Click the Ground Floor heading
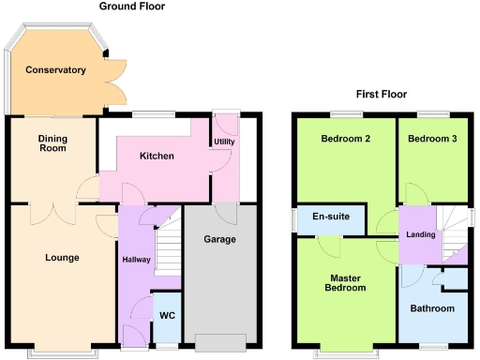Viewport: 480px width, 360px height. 132,7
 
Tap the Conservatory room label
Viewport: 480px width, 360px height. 56,70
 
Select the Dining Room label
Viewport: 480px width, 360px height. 52,142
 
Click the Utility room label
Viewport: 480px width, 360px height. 225,142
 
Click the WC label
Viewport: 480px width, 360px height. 167,316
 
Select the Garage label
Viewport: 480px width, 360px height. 219,239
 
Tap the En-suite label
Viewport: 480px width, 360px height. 330,217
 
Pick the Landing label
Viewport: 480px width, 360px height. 421,234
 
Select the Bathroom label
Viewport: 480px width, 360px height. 433,308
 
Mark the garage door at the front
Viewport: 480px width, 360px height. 219,340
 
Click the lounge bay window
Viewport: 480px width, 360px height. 65,352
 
